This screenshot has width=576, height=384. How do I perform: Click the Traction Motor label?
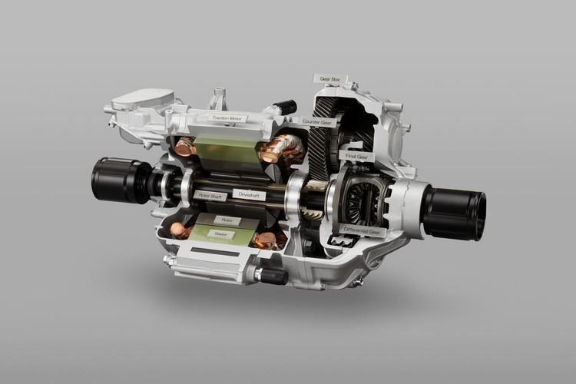point(230,118)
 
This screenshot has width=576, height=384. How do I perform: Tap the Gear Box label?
point(329,78)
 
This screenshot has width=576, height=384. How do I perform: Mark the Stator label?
point(220,233)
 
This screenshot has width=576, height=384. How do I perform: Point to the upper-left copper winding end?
point(185,147)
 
